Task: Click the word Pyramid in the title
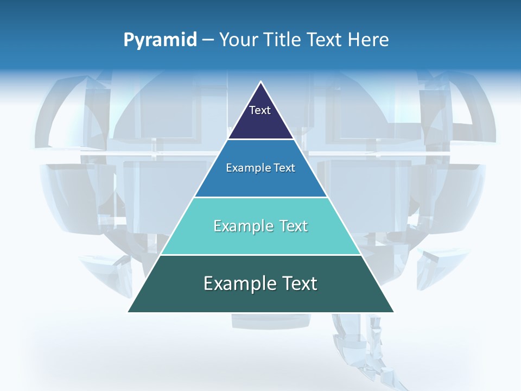click(160, 40)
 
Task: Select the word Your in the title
click(238, 40)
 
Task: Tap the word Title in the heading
click(282, 40)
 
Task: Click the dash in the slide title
click(208, 40)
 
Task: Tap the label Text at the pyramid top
click(260, 110)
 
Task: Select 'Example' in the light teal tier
click(242, 226)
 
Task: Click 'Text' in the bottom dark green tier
click(298, 283)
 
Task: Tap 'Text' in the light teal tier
click(292, 226)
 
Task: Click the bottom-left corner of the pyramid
click(128, 312)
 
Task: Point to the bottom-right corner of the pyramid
click(393, 312)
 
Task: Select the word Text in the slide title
click(325, 40)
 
